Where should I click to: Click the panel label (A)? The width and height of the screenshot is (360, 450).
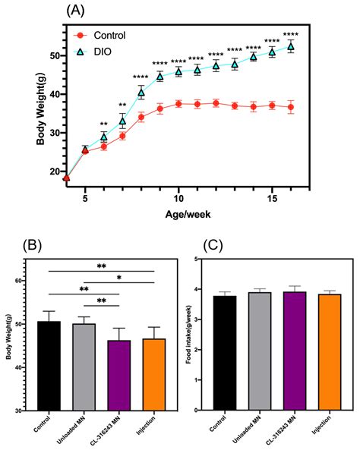(77, 10)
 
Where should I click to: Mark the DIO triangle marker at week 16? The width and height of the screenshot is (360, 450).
(290, 46)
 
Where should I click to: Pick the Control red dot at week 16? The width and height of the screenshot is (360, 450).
(290, 107)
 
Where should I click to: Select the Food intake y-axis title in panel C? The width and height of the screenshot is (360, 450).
(197, 334)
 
